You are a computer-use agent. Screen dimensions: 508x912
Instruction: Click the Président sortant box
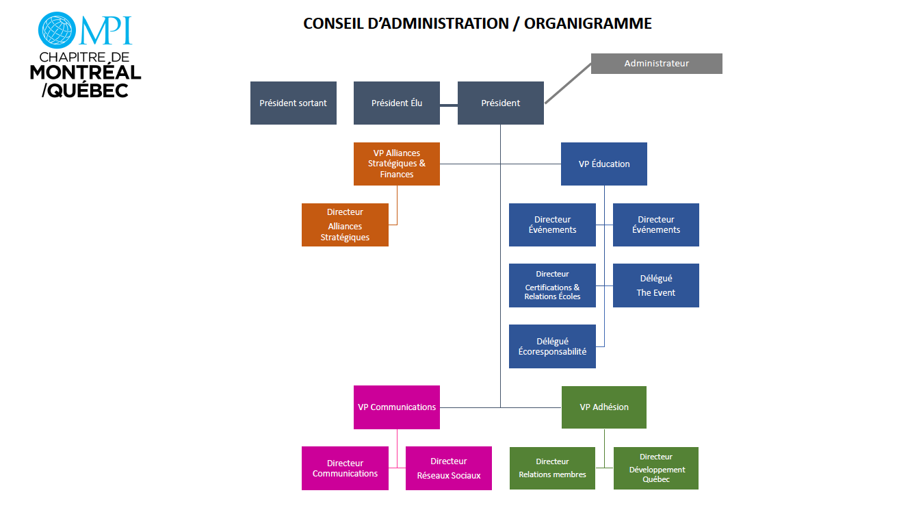click(x=293, y=103)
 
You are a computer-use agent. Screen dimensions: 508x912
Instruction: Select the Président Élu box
click(x=396, y=103)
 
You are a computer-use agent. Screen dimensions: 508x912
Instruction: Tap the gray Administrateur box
click(x=656, y=64)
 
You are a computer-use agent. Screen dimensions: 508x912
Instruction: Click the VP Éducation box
click(x=603, y=164)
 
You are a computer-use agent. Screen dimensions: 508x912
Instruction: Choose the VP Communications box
click(x=396, y=407)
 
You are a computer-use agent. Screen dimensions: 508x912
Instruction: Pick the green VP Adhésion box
click(x=603, y=407)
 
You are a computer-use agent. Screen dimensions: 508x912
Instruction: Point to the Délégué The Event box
click(x=655, y=285)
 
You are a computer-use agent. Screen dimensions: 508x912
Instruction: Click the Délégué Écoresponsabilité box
click(x=552, y=346)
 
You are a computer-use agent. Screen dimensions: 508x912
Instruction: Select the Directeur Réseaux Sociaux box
click(x=448, y=468)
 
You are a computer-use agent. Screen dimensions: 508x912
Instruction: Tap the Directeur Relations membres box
click(x=552, y=468)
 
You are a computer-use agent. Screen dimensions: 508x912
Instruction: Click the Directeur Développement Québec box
click(x=655, y=468)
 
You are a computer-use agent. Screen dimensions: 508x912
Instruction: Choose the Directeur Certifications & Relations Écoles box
click(x=552, y=285)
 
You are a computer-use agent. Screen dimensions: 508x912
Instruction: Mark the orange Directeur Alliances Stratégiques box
click(x=345, y=225)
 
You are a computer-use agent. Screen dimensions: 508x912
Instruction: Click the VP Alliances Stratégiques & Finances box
click(x=396, y=164)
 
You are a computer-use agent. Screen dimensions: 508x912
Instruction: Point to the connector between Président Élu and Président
click(x=448, y=105)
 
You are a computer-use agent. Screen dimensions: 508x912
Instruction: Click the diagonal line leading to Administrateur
click(x=568, y=84)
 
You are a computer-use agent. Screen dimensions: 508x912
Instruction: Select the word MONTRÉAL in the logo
click(x=86, y=73)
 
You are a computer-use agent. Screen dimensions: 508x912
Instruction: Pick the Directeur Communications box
click(x=345, y=468)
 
